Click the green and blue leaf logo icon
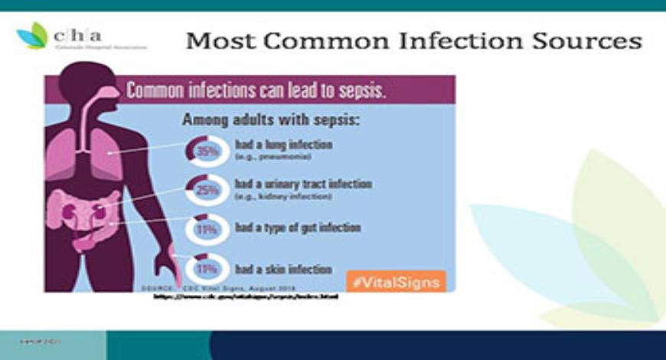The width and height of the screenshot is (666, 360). tap(32, 36)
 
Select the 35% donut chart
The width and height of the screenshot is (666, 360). tap(205, 150)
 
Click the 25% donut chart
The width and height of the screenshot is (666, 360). tap(205, 190)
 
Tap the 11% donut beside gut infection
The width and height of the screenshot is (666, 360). tap(205, 228)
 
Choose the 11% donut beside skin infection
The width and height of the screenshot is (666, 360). tap(205, 269)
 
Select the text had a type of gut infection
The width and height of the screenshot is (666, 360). tap(298, 227)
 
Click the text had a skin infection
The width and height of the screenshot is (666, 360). tap(283, 269)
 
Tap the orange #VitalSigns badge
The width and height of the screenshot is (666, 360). tap(396, 281)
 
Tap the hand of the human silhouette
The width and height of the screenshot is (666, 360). tap(166, 268)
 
